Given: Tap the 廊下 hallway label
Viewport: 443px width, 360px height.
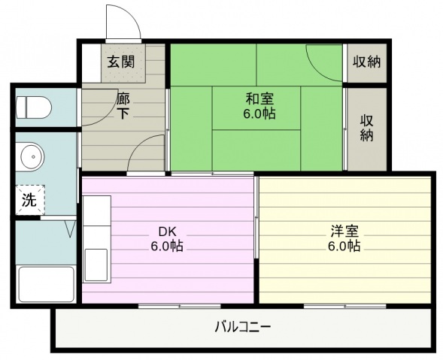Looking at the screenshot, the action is pyautogui.click(x=123, y=106).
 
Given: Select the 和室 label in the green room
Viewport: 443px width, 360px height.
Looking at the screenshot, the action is pyautogui.click(x=259, y=99).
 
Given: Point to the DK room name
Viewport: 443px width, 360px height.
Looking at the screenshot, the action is pyautogui.click(x=167, y=231).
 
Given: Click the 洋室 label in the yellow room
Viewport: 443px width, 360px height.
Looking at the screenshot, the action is pyautogui.click(x=344, y=231).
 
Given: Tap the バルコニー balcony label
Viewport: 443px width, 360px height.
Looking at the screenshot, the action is pyautogui.click(x=243, y=327).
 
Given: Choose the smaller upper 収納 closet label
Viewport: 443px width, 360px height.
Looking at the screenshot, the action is pyautogui.click(x=367, y=62).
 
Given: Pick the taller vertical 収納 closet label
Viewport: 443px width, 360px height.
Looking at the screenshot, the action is pyautogui.click(x=367, y=128).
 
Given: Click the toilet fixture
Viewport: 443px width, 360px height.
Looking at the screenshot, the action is pyautogui.click(x=34, y=107).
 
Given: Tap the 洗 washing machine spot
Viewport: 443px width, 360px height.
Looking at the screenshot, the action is pyautogui.click(x=29, y=200).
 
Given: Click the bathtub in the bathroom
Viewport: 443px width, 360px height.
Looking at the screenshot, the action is pyautogui.click(x=47, y=284).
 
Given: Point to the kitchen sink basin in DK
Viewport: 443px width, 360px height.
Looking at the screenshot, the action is pyautogui.click(x=96, y=265).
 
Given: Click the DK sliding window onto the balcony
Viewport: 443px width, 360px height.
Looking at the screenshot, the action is pyautogui.click(x=180, y=306).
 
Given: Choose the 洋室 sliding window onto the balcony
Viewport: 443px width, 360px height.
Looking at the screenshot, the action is pyautogui.click(x=345, y=306).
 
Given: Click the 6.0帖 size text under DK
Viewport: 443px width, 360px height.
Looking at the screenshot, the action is pyautogui.click(x=167, y=246).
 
